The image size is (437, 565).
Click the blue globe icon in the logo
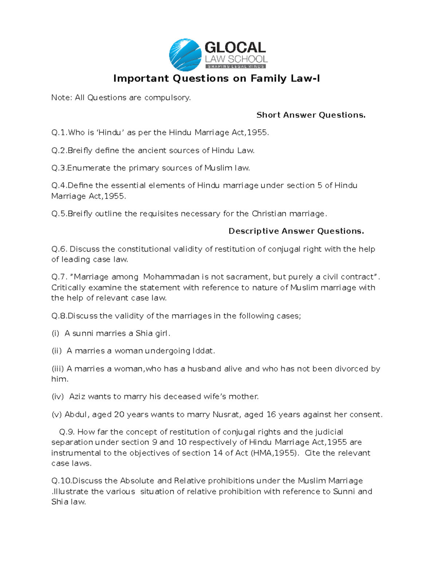[x=185, y=55]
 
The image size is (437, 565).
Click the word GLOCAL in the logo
[x=235, y=48]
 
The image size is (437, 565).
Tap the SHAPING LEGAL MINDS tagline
[x=236, y=67]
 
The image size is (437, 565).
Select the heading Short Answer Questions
[x=311, y=115]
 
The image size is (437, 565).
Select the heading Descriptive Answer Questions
[x=296, y=231]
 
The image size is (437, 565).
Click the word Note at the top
[x=61, y=98]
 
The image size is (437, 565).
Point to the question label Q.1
[x=59, y=132]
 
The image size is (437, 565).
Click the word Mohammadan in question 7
[x=171, y=277]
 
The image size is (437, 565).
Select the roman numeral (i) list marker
[x=55, y=333]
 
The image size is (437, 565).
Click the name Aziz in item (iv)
[x=77, y=397]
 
